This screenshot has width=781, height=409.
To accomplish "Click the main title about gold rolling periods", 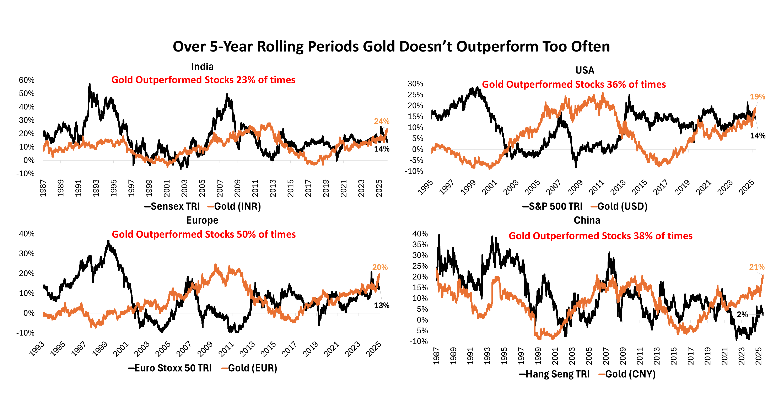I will (391, 47).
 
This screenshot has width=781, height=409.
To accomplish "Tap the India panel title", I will (202, 66).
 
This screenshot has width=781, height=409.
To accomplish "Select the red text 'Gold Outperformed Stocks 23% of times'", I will (203, 80).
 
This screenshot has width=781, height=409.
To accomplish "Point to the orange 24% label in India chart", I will (381, 121).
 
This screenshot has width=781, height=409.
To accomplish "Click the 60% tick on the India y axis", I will (27, 80).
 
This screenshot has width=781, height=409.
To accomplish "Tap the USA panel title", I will (585, 70).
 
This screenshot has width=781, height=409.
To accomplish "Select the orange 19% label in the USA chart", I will (757, 97).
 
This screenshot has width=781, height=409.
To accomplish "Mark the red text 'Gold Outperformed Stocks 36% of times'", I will (574, 84).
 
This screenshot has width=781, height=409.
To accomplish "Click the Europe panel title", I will (202, 220).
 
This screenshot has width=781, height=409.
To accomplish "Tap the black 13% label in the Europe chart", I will (381, 306).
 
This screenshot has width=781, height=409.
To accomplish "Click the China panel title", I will (587, 220).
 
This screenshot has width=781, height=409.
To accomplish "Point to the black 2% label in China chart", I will (742, 315).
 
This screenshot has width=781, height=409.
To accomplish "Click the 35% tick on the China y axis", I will (420, 244).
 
